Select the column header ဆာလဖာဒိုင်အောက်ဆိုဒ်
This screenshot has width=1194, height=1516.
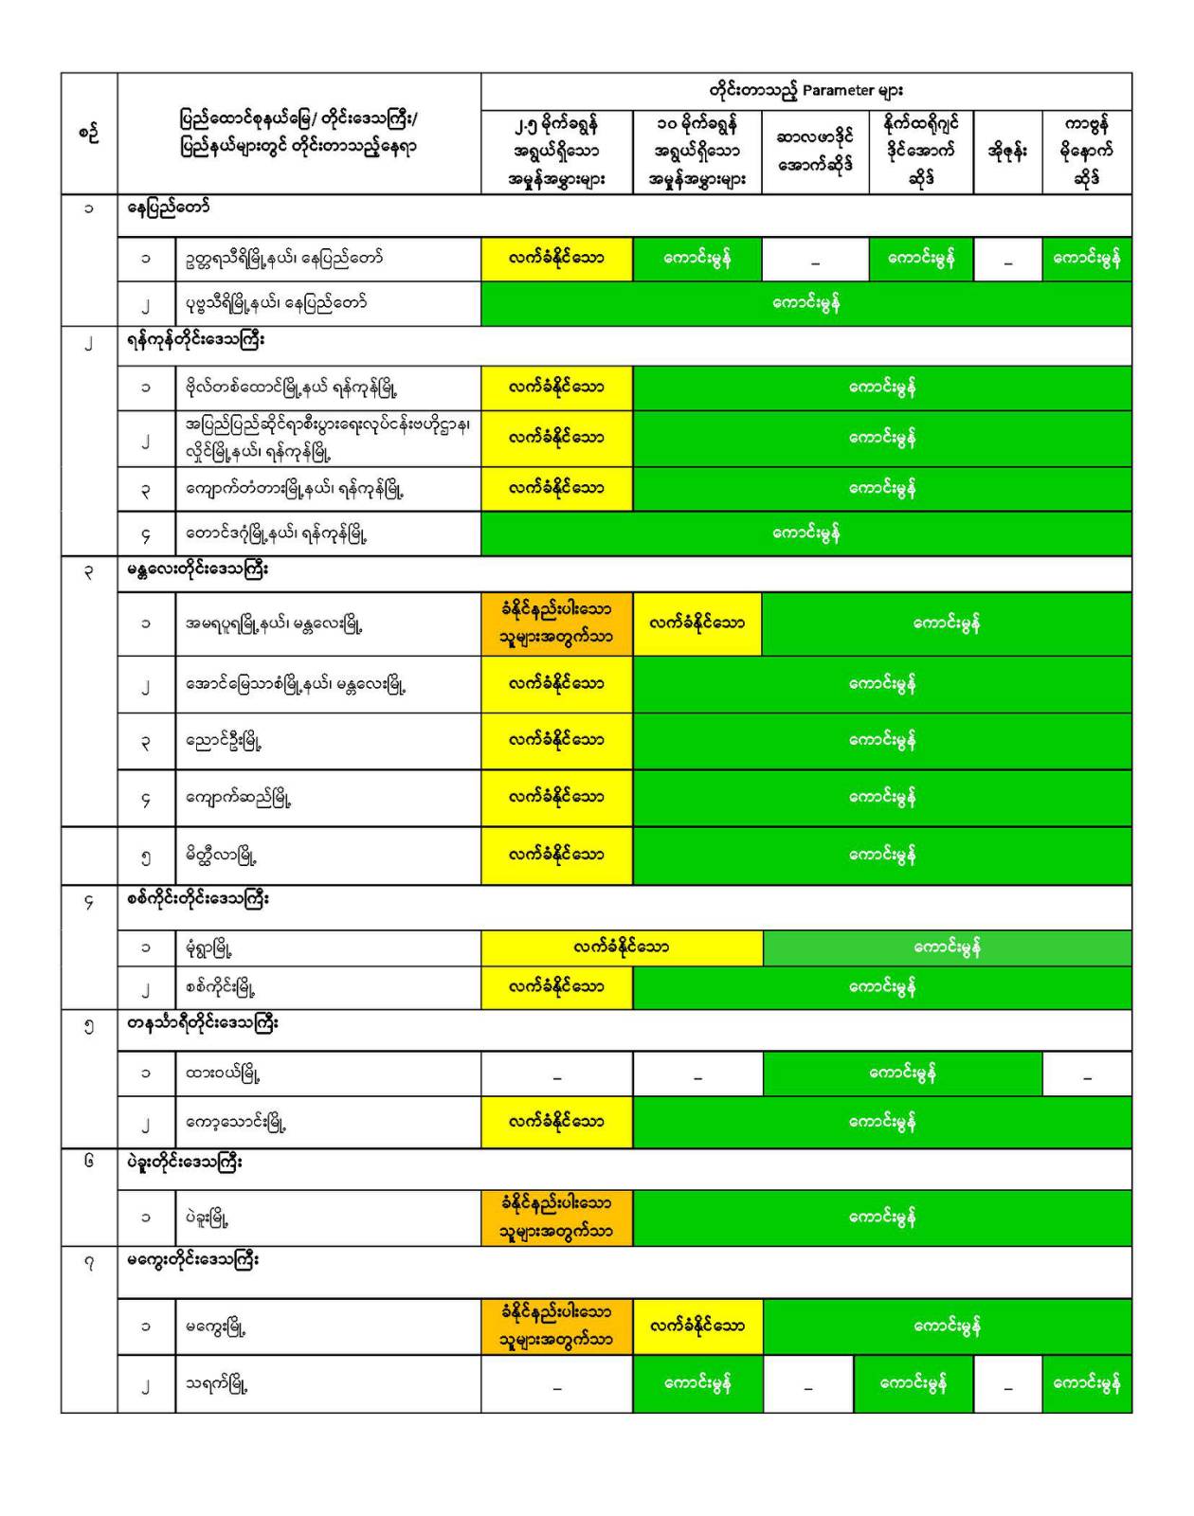coord(815,151)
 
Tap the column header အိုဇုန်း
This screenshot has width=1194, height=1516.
coord(1007,152)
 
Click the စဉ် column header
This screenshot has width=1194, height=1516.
coord(89,134)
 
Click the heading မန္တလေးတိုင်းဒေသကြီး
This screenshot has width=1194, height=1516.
coord(198,569)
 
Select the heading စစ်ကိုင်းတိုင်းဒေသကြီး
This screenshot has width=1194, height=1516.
coord(198,898)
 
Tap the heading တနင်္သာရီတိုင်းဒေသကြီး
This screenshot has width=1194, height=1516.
coord(203,1023)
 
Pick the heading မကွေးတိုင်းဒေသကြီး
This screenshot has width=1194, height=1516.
coord(192,1260)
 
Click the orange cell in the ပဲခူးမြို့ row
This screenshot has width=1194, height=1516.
coord(556,1218)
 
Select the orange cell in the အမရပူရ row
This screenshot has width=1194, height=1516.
coord(556,623)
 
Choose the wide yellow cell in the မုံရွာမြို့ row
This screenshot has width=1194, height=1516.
coord(622,947)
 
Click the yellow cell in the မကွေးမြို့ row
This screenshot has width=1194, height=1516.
coord(697,1326)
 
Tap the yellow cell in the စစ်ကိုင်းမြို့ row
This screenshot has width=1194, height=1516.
coord(556,987)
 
